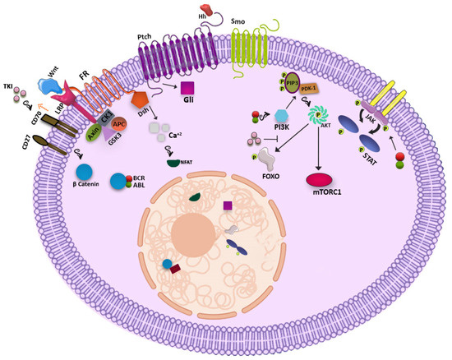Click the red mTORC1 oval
pos(321,176)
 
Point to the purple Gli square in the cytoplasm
pos(187,87)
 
